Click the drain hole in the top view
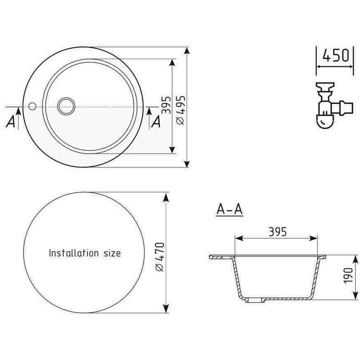click(x=66, y=106)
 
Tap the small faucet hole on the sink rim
click(x=32, y=106)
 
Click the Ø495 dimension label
click(x=181, y=110)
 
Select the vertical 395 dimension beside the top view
click(x=166, y=105)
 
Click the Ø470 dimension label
click(x=160, y=257)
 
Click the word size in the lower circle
click(x=112, y=253)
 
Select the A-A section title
click(x=230, y=209)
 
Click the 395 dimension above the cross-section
click(x=278, y=232)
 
